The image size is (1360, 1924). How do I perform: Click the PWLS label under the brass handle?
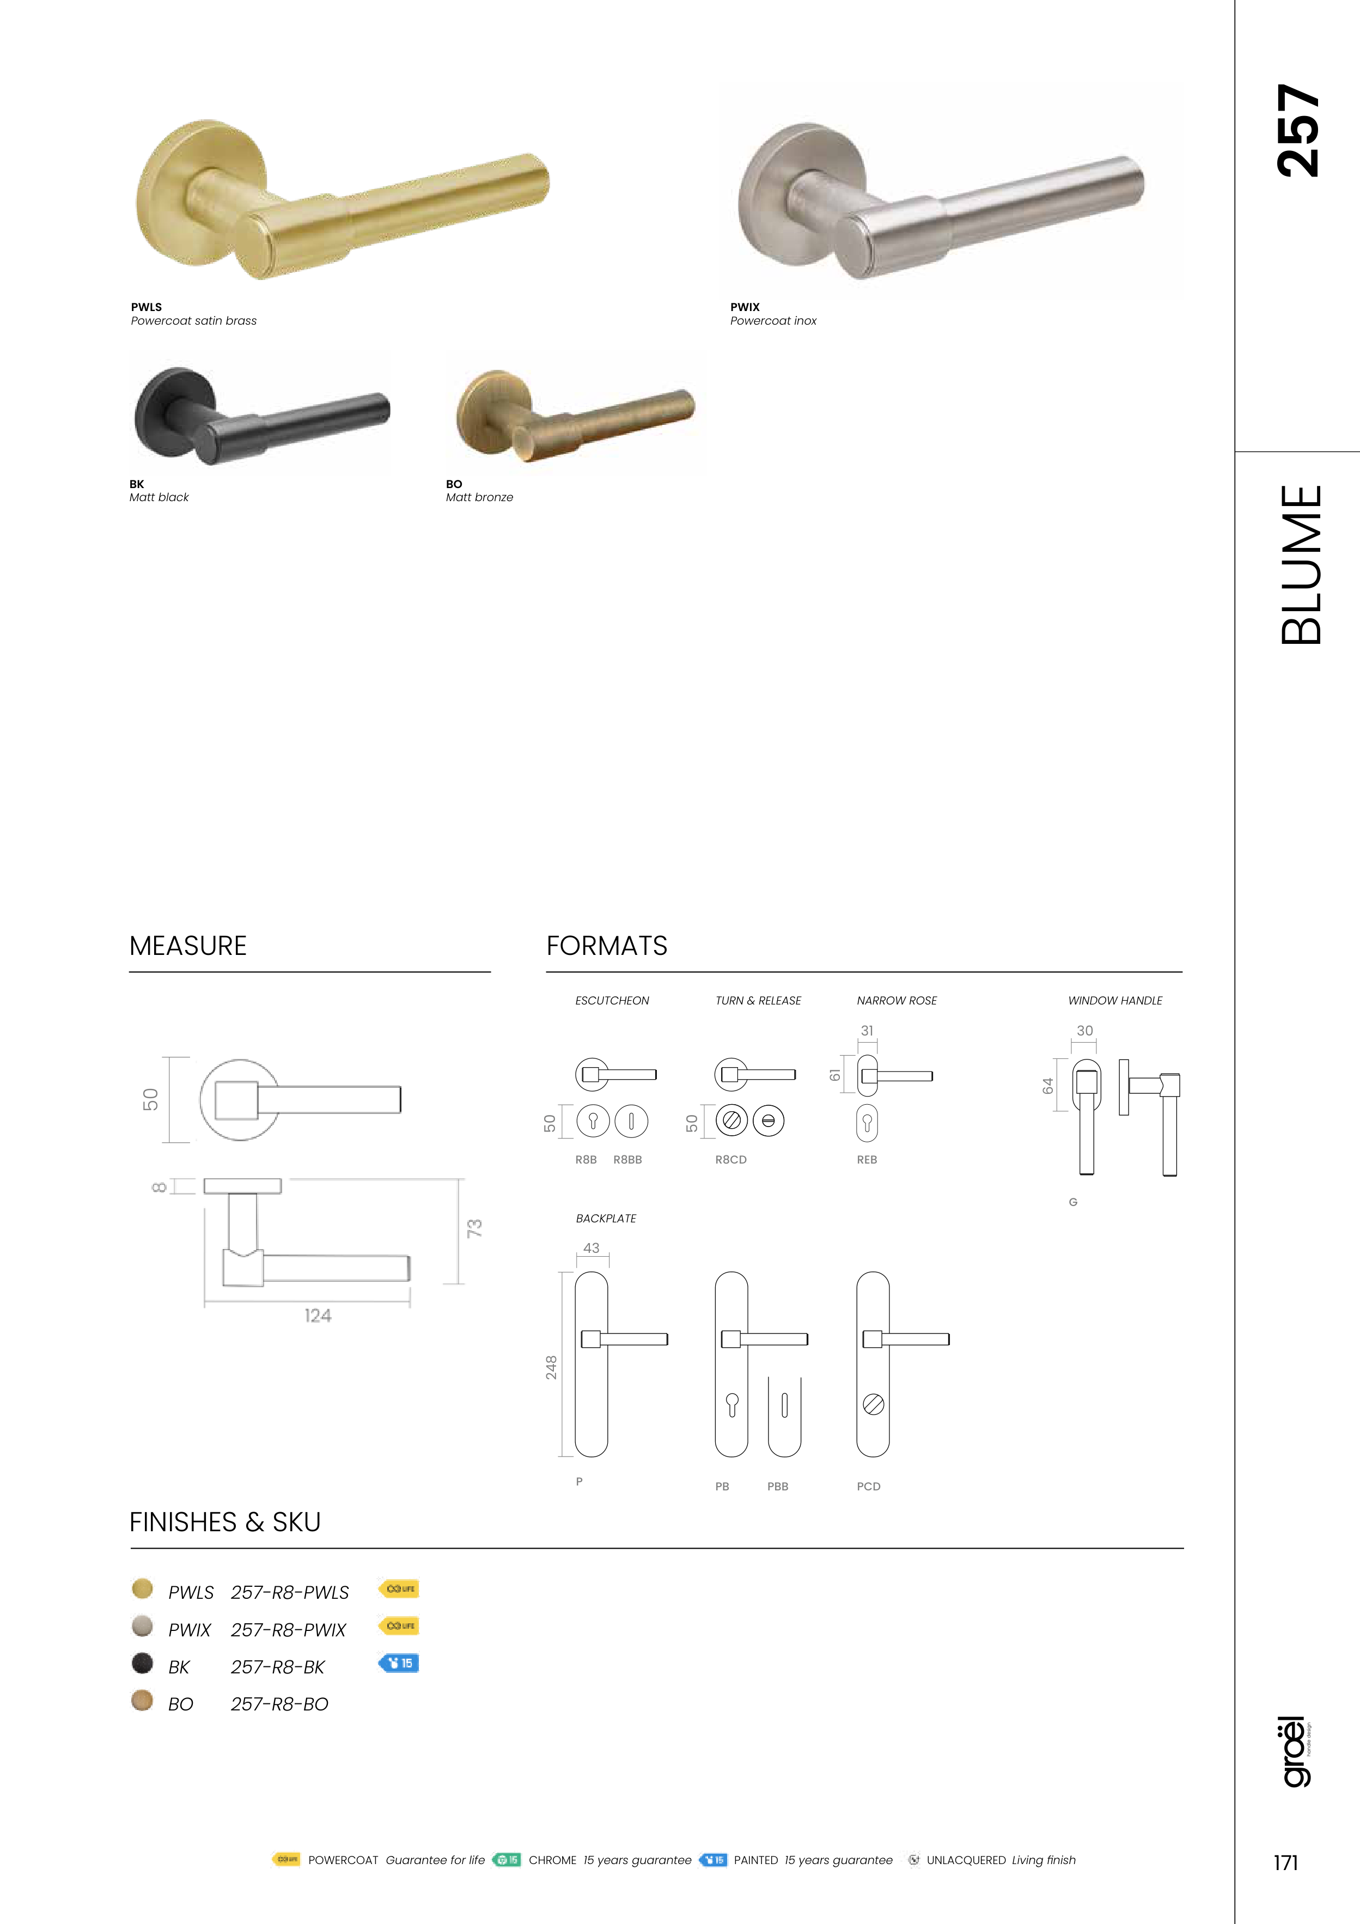147,307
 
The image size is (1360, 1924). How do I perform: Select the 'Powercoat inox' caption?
773,321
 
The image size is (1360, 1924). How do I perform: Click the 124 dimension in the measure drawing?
318,1316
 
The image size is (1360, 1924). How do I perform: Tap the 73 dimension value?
474,1228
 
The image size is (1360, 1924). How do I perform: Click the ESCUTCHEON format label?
612,1001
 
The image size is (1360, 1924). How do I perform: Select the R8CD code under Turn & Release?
731,1160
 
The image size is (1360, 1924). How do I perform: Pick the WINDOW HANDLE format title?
1114,1001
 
